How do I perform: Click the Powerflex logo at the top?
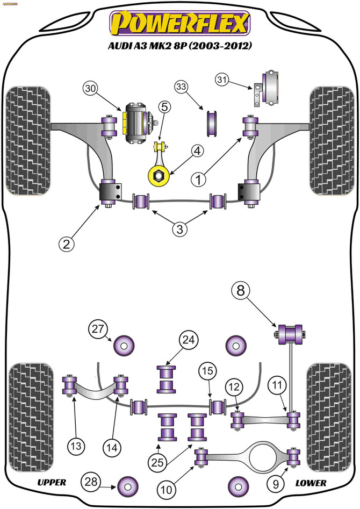click(179, 23)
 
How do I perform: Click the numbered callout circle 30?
click(91, 89)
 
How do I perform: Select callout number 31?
click(222, 80)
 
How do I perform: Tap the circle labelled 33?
click(182, 87)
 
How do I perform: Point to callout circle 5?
click(164, 107)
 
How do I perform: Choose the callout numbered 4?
click(197, 151)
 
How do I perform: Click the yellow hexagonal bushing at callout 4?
click(159, 176)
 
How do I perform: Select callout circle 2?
click(66, 243)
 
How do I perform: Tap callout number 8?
click(241, 290)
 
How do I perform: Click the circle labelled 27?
click(98, 329)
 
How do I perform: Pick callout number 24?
click(188, 340)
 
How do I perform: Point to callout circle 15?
click(207, 371)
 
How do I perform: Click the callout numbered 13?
click(76, 446)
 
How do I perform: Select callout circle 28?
click(91, 482)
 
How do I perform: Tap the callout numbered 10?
click(167, 489)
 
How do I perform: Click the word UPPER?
click(52, 482)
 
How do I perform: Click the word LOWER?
click(311, 483)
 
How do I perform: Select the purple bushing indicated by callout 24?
click(166, 379)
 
